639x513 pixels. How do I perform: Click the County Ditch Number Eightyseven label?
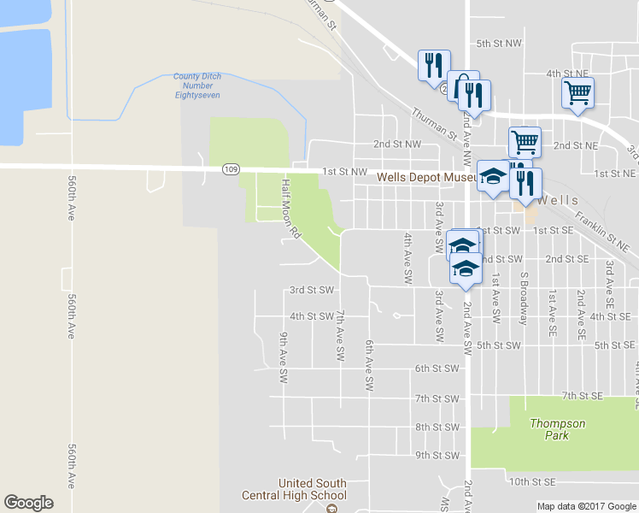tap(197, 85)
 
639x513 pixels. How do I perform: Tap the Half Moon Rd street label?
tap(290, 208)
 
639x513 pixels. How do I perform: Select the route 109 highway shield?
tap(230, 169)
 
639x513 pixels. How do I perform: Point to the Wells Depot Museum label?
tap(427, 177)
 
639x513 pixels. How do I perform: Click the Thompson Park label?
tap(558, 429)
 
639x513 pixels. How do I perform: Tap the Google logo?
tap(28, 503)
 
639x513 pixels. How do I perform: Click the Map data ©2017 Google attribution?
tap(586, 506)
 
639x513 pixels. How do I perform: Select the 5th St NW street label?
tap(499, 43)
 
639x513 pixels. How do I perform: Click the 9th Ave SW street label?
tap(282, 357)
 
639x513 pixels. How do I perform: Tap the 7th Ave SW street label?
tap(340, 334)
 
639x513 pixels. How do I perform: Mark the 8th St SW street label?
tap(437, 427)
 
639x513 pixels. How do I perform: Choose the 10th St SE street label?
tap(532, 482)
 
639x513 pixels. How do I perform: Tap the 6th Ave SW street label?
tap(369, 365)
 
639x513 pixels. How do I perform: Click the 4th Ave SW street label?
tap(408, 258)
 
